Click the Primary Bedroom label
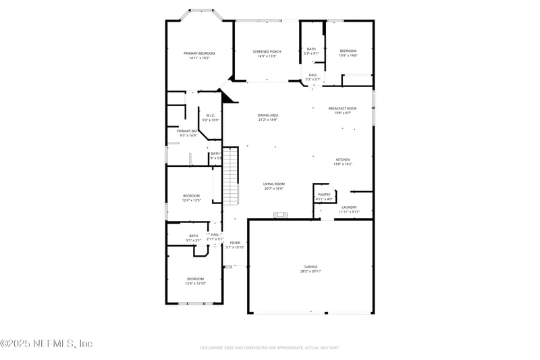(199, 53)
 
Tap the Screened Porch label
(267, 51)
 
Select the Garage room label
(310, 267)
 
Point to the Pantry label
(325, 195)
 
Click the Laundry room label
(349, 207)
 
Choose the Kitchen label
(343, 159)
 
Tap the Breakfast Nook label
(343, 108)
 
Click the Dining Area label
(268, 115)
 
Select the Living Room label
(273, 184)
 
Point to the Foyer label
(235, 242)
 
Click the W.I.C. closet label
(211, 115)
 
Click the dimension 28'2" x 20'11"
(310, 272)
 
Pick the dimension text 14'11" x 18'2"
(199, 58)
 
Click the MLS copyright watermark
(46, 344)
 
